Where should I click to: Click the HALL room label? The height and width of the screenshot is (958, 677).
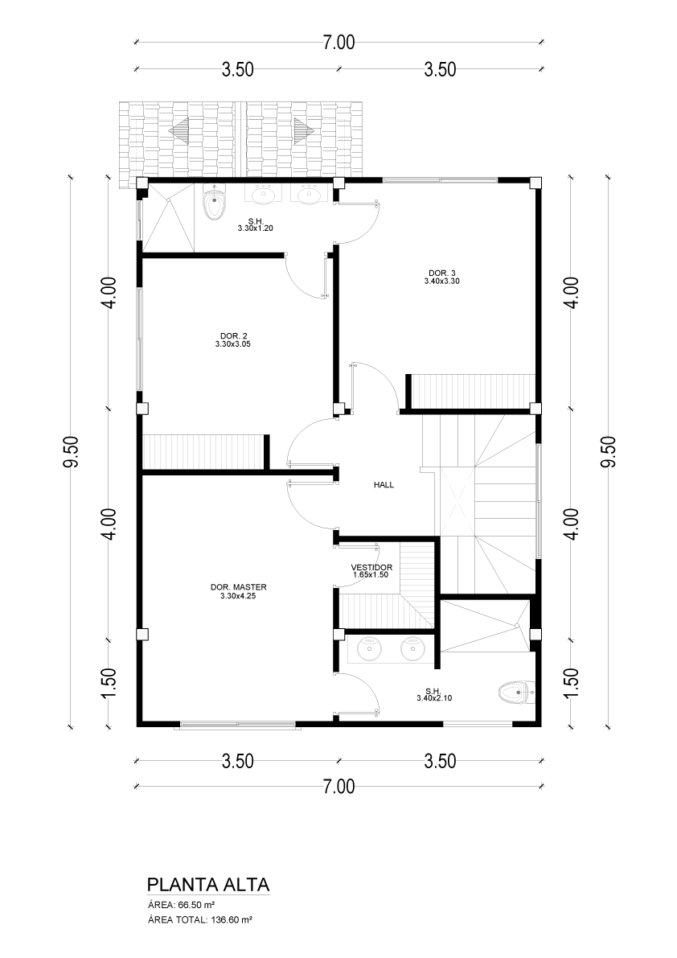point(384,485)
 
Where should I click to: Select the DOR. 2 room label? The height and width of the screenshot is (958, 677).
point(233,335)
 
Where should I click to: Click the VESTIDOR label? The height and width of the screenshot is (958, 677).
point(371,568)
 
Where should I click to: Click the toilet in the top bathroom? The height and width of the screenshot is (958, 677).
point(214,204)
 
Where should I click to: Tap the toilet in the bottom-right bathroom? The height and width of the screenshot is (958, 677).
point(513,693)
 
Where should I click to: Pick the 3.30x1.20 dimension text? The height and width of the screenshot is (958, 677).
point(255,229)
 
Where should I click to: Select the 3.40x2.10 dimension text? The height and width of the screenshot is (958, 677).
point(434,698)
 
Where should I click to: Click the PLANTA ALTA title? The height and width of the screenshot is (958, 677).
point(208,886)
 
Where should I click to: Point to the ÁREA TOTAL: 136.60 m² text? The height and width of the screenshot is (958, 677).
point(200,919)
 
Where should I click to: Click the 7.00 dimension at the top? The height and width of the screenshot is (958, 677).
point(338,43)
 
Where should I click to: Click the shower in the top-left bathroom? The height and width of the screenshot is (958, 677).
point(169,217)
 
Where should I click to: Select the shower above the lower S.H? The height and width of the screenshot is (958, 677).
point(486,626)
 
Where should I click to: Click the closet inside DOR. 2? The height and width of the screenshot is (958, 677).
point(204,451)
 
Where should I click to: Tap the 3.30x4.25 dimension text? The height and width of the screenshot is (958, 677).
point(238,596)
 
